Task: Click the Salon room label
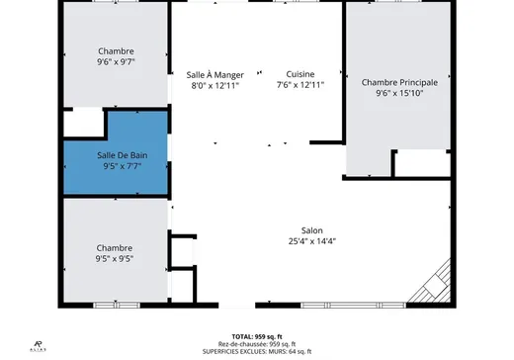pyautogui.click(x=312, y=229)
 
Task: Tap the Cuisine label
pyautogui.click(x=300, y=74)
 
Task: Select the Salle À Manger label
pyautogui.click(x=214, y=74)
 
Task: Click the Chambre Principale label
pyautogui.click(x=399, y=82)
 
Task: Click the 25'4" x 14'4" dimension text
pyautogui.click(x=312, y=241)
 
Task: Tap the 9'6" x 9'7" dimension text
pyautogui.click(x=116, y=62)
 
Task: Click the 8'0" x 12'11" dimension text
pyautogui.click(x=214, y=86)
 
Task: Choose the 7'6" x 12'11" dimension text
pyautogui.click(x=300, y=86)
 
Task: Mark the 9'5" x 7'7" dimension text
pyautogui.click(x=123, y=166)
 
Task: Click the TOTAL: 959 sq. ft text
pyautogui.click(x=256, y=335)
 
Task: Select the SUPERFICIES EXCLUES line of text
pyautogui.click(x=256, y=351)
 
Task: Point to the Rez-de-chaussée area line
pyautogui.click(x=256, y=343)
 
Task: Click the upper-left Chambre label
pyautogui.click(x=116, y=50)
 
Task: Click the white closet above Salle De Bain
pyautogui.click(x=83, y=124)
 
